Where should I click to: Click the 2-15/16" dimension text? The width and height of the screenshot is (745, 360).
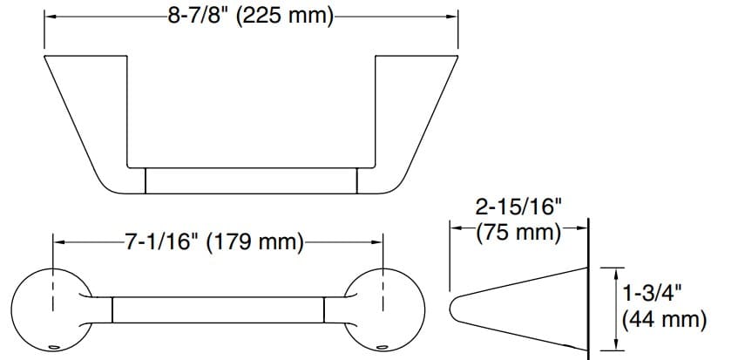(x=517, y=207)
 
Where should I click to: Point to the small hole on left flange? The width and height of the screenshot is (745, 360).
(x=54, y=347)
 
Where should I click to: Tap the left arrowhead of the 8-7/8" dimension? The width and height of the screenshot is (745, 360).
(x=50, y=17)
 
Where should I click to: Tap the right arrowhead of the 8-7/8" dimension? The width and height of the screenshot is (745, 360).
(x=454, y=17)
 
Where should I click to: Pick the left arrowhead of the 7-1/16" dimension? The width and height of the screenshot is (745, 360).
(x=58, y=241)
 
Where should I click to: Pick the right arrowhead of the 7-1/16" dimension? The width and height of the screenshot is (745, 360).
(x=380, y=241)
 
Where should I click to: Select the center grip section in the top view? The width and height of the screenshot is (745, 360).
(x=250, y=180)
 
